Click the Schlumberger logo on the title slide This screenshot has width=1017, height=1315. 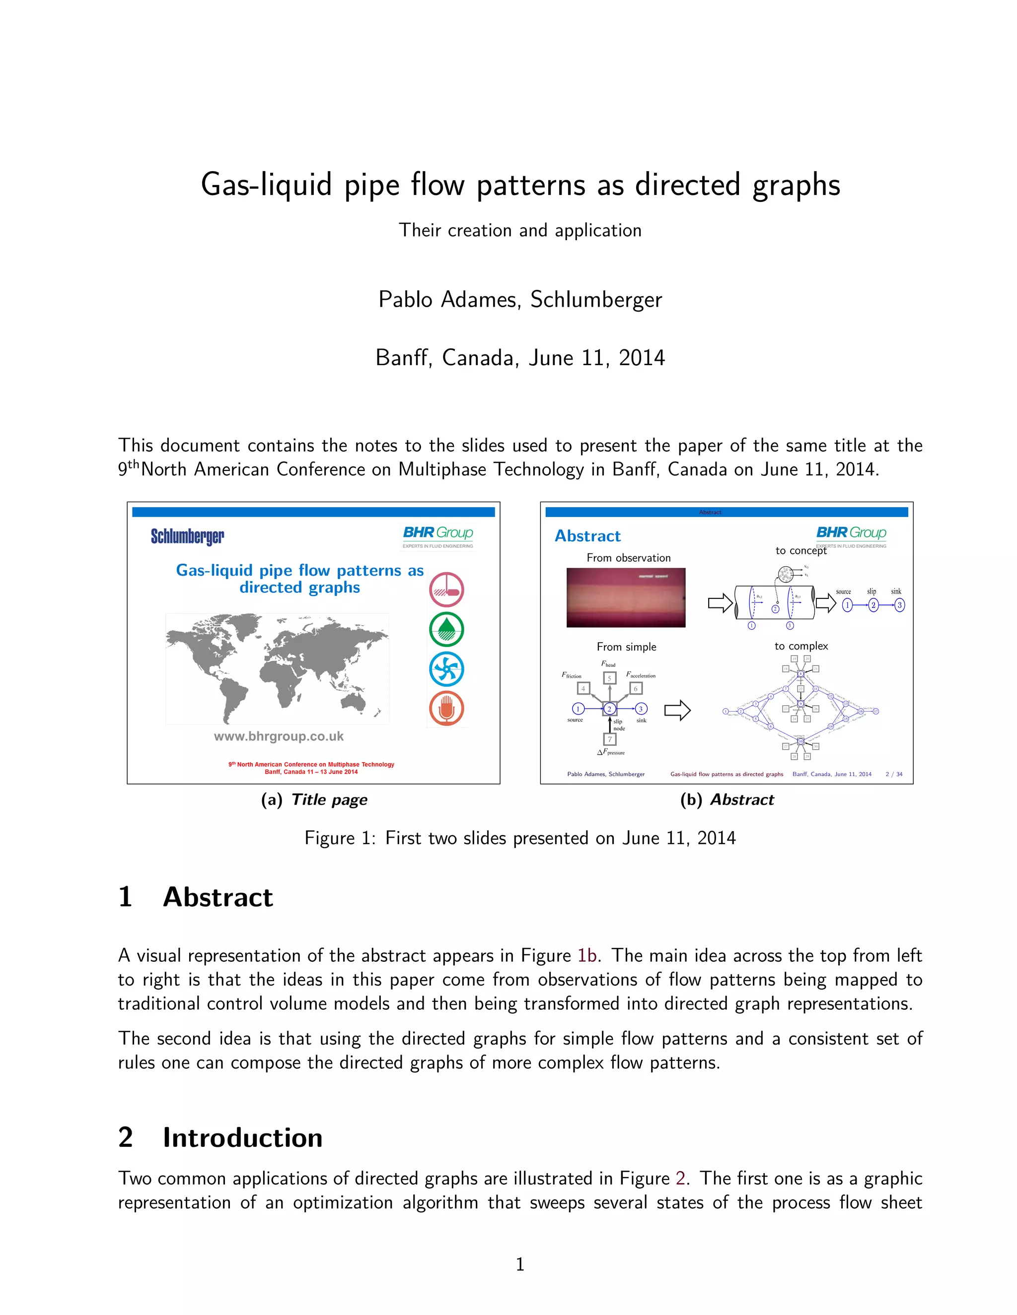click(x=187, y=536)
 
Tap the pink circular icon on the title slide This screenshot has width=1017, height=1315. click(x=446, y=590)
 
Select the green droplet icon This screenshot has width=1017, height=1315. click(x=446, y=629)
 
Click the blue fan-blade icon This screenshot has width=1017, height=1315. click(x=446, y=669)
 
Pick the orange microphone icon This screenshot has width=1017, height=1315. click(x=446, y=708)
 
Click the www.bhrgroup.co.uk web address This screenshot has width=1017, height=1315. click(x=279, y=736)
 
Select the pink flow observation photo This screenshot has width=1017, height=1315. click(x=626, y=598)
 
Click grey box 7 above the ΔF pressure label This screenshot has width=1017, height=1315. click(x=610, y=739)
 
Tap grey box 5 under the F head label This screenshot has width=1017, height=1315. click(x=610, y=678)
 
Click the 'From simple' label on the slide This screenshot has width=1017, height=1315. click(x=627, y=647)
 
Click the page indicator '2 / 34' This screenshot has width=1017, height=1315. click(x=894, y=774)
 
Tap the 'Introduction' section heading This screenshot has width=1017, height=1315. click(x=242, y=1138)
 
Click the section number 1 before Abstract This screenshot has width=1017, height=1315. click(x=125, y=897)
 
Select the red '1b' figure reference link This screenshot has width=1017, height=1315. click(x=587, y=956)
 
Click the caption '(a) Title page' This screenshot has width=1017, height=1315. click(x=314, y=799)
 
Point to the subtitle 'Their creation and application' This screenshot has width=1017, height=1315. click(x=520, y=230)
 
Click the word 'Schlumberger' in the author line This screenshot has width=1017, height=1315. click(x=596, y=299)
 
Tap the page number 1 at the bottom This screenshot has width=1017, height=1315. click(x=520, y=1264)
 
